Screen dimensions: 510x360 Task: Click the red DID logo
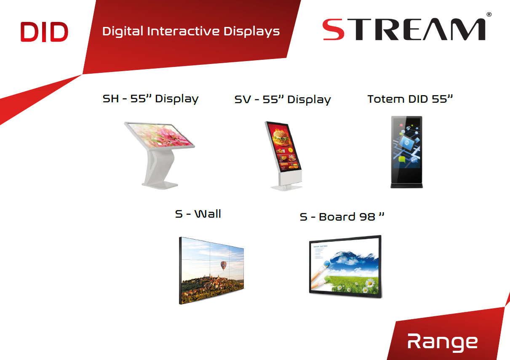[44, 32]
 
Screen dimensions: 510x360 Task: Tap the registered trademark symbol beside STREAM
[489, 15]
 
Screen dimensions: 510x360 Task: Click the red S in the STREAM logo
[333, 30]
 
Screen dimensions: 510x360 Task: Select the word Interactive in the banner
[183, 31]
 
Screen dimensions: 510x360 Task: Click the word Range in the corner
[442, 342]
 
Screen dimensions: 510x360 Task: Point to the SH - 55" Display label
[150, 99]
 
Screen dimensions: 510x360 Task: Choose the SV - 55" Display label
[283, 100]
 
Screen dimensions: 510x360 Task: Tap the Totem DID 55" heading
[410, 99]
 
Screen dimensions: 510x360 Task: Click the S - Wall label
[198, 214]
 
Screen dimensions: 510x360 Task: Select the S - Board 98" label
[342, 217]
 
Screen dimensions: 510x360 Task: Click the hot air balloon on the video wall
[224, 266]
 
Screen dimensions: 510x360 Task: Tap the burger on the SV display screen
[280, 137]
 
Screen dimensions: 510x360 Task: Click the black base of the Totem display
[407, 185]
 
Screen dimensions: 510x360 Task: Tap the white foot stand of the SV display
[287, 188]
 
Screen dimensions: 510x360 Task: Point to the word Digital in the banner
[123, 32]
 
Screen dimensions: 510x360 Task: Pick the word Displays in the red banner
[251, 32]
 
